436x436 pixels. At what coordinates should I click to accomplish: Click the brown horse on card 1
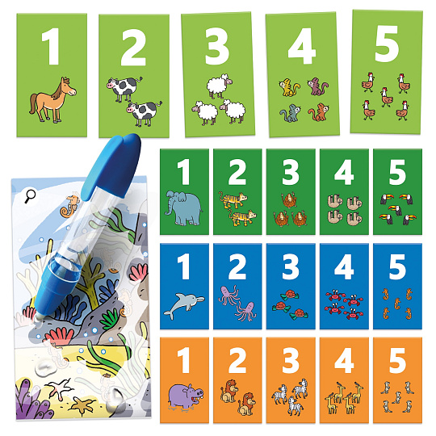click(x=52, y=100)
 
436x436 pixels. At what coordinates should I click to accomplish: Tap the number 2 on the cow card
click(x=133, y=48)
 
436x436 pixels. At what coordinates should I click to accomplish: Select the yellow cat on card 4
click(x=289, y=87)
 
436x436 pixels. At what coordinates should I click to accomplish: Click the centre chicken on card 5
click(x=387, y=97)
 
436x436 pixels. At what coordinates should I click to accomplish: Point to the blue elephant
click(x=182, y=208)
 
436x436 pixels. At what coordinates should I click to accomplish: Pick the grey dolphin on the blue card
click(x=184, y=305)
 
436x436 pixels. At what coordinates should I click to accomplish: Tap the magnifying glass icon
click(x=30, y=196)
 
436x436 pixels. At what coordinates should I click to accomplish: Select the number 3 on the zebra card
click(x=291, y=361)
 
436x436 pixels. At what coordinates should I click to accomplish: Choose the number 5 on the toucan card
click(x=397, y=173)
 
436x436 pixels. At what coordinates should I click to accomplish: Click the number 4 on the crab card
click(x=344, y=266)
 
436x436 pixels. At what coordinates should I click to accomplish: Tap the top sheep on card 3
click(x=220, y=86)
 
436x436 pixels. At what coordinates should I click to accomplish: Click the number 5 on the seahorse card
click(x=397, y=266)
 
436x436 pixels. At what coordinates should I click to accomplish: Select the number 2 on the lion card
click(x=237, y=361)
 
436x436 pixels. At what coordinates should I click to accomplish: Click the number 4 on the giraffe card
click(x=344, y=361)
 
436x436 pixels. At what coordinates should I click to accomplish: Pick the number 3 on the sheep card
click(x=217, y=46)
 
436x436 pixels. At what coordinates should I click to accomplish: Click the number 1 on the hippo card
click(x=184, y=361)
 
